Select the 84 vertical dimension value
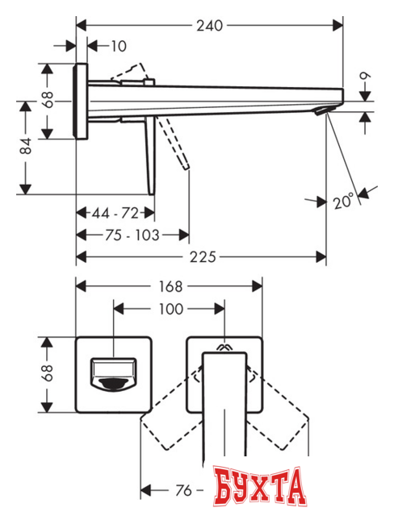(26, 146)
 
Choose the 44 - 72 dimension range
(115, 213)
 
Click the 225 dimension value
(203, 257)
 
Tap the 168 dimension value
(170, 286)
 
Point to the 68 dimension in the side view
(48, 101)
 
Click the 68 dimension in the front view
(48, 372)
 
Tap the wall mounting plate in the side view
(81, 101)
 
